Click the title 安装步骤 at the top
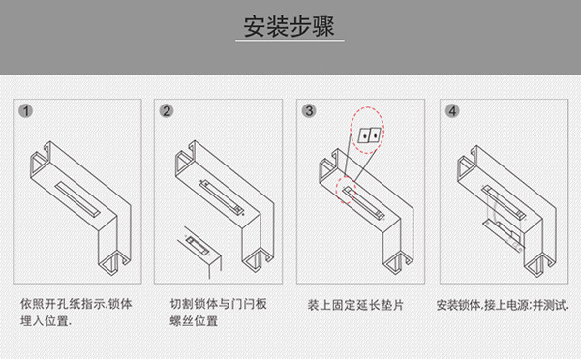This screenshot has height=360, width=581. pos(290,26)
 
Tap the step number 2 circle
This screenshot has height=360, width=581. pos(168,111)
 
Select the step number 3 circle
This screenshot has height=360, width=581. pos(309,111)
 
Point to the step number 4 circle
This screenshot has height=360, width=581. pos(452,111)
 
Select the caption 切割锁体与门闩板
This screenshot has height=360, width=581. pos(216,303)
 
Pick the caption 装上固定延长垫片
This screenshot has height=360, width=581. pos(355,303)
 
